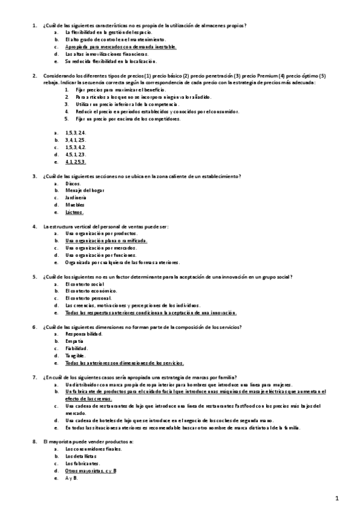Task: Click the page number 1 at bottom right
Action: click(x=337, y=498)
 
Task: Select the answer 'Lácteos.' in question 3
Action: click(x=75, y=212)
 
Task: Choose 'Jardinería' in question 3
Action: click(x=76, y=197)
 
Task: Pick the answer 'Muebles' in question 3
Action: click(x=75, y=204)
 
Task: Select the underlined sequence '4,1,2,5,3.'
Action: click(x=76, y=162)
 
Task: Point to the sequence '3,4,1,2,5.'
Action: click(x=76, y=140)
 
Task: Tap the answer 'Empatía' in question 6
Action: click(x=75, y=341)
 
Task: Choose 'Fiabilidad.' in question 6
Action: click(x=77, y=348)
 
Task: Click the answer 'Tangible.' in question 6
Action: click(x=75, y=355)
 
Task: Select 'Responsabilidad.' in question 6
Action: click(x=84, y=334)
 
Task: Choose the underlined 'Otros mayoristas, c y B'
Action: click(x=91, y=471)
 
